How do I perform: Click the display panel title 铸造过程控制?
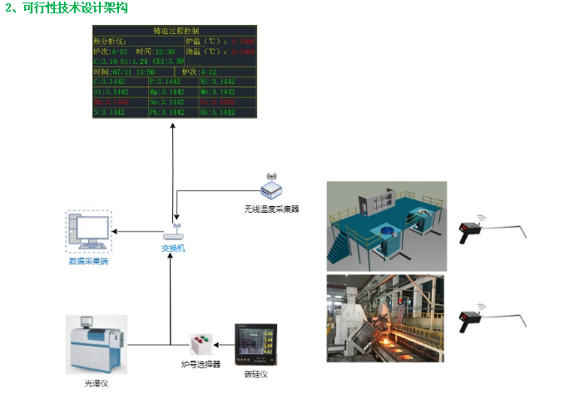pyautogui.click(x=175, y=31)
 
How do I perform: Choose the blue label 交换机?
pyautogui.click(x=174, y=248)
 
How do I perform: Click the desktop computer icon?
pyautogui.click(x=87, y=233)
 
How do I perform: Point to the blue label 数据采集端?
pyautogui.click(x=88, y=263)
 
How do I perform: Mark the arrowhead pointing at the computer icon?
pyautogui.click(x=116, y=232)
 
